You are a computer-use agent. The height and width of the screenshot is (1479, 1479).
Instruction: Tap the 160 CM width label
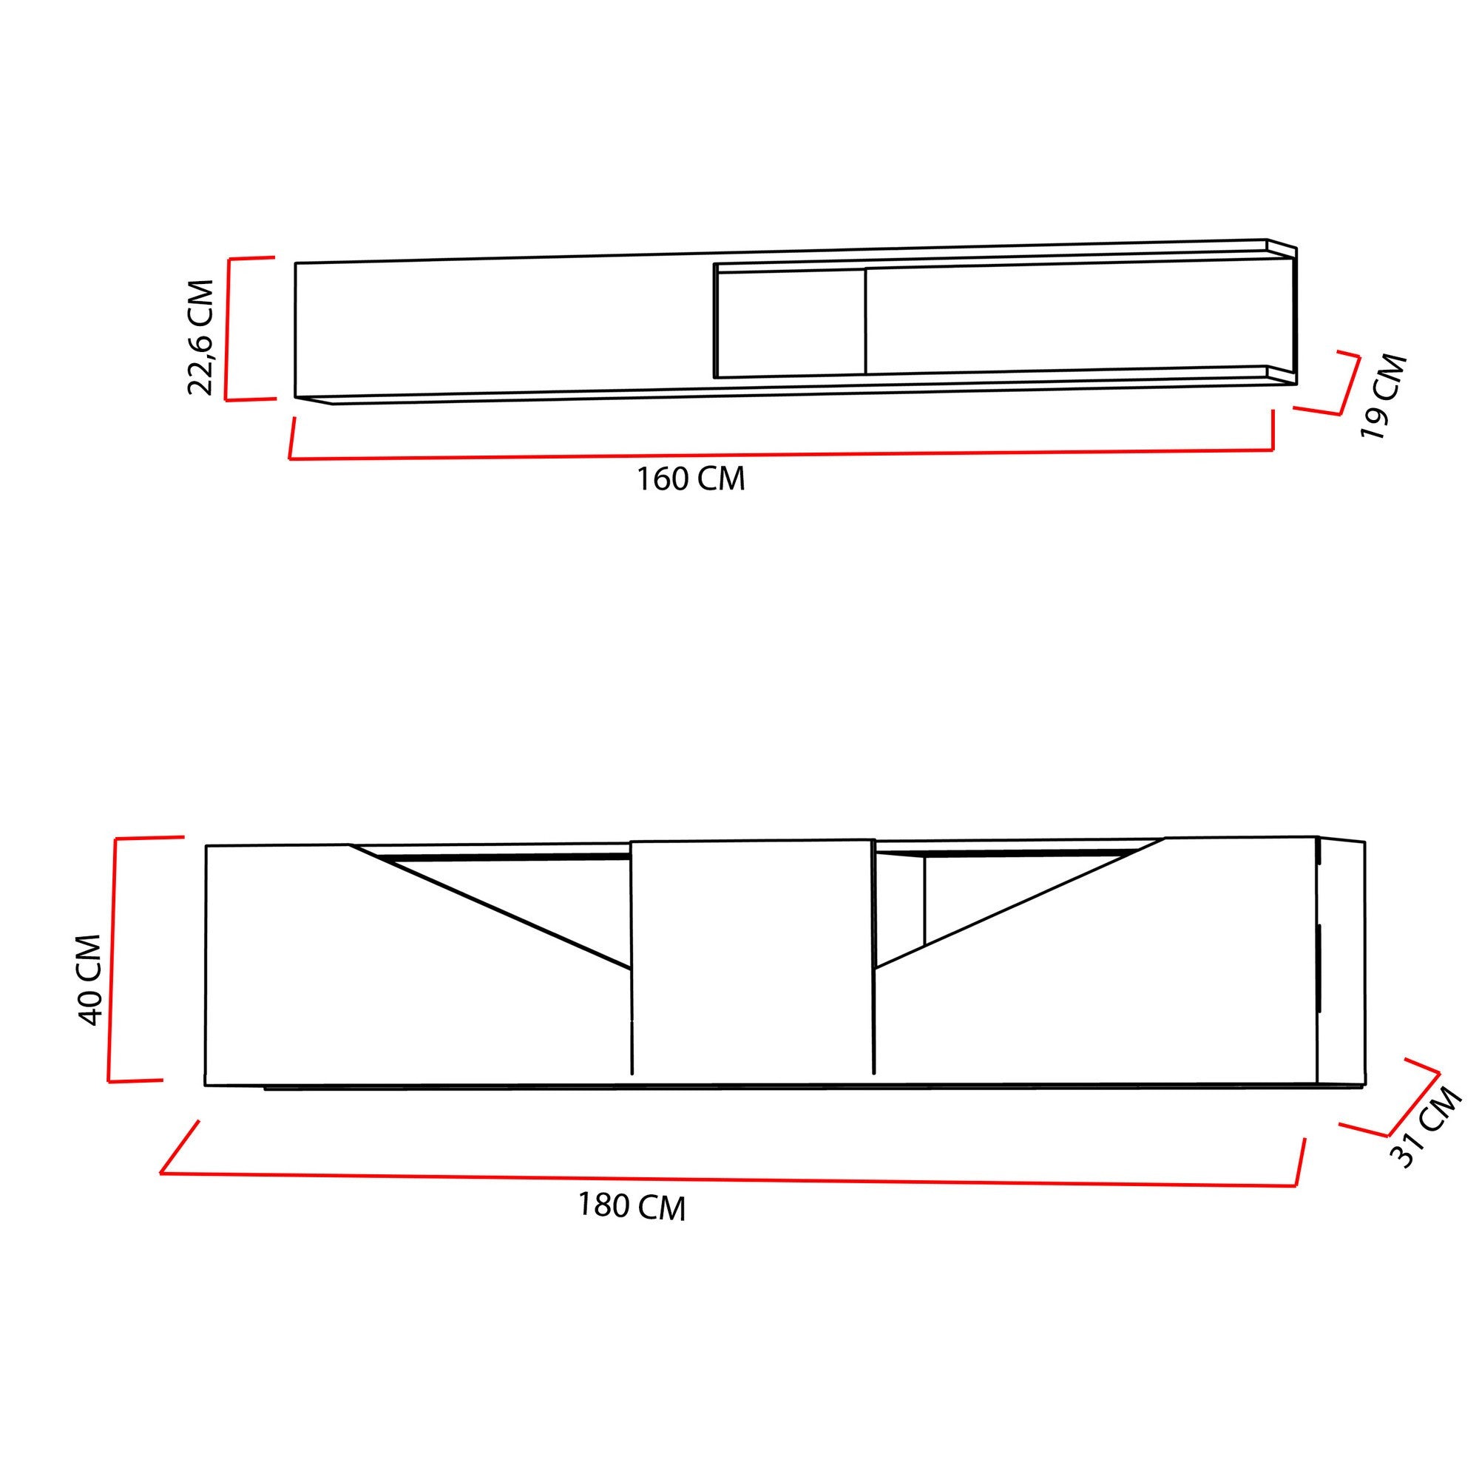tap(691, 479)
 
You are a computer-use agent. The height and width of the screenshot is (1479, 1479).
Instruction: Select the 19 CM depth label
tap(1384, 396)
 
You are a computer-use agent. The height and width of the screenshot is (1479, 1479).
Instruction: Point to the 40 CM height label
tap(89, 980)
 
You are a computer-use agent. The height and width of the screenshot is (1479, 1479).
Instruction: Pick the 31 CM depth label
tap(1426, 1128)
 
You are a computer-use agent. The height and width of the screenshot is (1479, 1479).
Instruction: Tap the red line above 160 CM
tap(781, 454)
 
